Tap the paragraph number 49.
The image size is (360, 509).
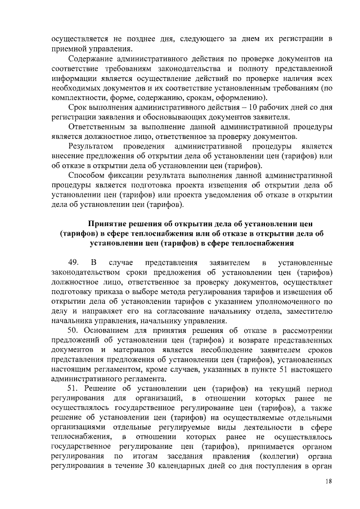(73, 263)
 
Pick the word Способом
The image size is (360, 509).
(88, 175)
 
